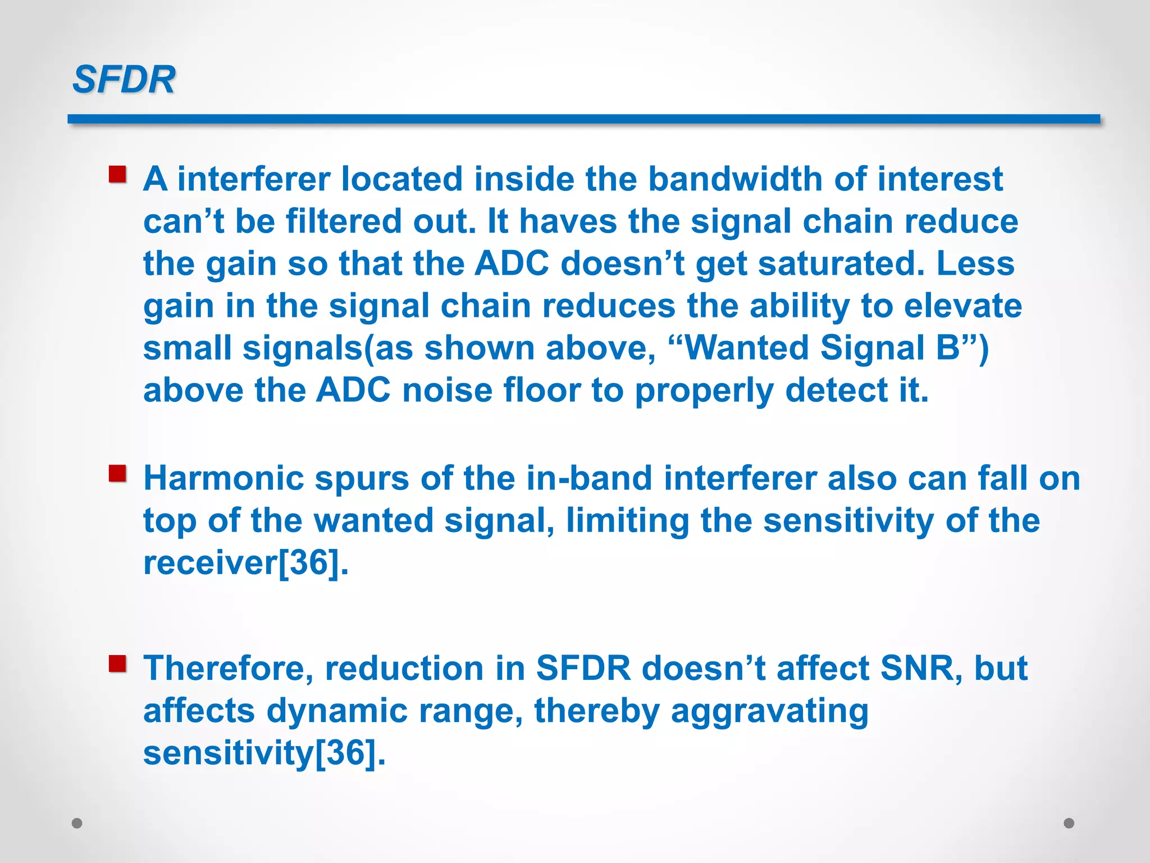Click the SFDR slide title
124,79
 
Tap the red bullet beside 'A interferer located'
117,174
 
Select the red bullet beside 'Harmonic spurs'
117,474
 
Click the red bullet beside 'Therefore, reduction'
117,664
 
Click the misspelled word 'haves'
568,221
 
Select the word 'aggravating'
769,711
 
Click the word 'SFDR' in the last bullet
583,669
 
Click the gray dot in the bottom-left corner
77,823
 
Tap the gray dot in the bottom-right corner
1069,823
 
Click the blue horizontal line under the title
583,119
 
